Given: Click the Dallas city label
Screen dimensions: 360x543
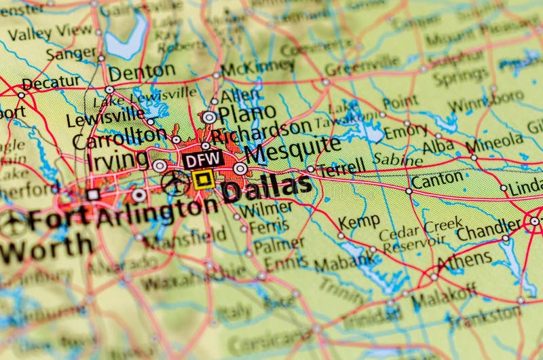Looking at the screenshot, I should tap(267, 188).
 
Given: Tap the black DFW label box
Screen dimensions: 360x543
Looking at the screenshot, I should tap(202, 160).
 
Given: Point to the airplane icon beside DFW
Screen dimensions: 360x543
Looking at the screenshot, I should tap(176, 182).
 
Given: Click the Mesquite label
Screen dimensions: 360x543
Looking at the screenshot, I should tap(293, 149).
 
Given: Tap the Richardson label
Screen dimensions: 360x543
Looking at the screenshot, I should tap(261, 131).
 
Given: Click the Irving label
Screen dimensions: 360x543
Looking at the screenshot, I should tap(117, 160).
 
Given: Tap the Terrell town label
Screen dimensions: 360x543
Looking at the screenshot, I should tap(342, 167).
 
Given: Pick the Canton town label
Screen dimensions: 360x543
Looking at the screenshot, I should tap(437, 180).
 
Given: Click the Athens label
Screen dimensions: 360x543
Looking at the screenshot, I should tap(464, 260).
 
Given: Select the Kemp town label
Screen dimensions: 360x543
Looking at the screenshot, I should tap(359, 223).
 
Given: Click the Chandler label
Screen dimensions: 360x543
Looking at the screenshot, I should tap(489, 230).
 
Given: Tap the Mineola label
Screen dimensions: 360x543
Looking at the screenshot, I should tap(494, 143).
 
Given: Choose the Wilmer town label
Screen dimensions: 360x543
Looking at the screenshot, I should tap(257, 209).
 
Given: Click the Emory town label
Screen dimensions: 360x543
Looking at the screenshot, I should tap(406, 131).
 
